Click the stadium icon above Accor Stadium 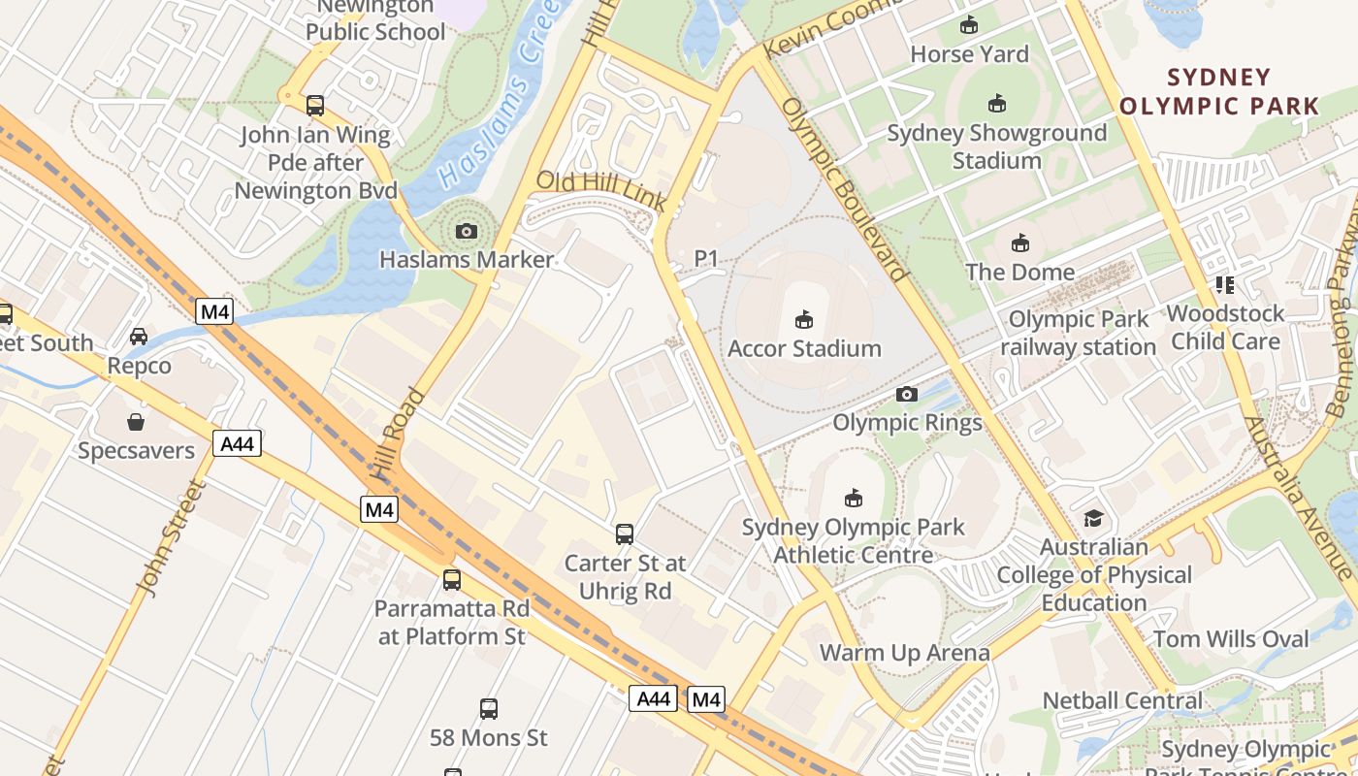tap(803, 319)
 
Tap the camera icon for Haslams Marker tap(467, 231)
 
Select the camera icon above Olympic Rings tap(907, 394)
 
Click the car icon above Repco tap(139, 337)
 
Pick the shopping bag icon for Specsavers tap(136, 422)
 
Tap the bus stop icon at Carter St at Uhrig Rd tap(625, 533)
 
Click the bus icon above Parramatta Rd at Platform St tap(452, 580)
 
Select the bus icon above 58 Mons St tap(489, 708)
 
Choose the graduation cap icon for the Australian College tap(1094, 519)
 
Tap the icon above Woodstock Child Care tap(1225, 285)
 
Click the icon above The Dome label tap(1020, 242)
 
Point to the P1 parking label tap(706, 258)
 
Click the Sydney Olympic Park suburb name tap(1219, 91)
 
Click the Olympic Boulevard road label tap(844, 189)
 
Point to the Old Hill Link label tap(601, 190)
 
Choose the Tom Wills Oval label tap(1231, 639)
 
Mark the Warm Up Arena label tap(905, 653)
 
